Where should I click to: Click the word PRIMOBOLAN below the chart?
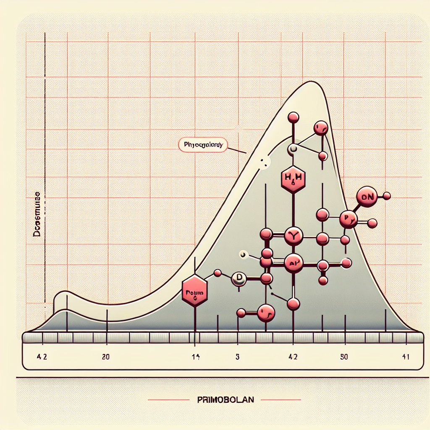tap(225, 399)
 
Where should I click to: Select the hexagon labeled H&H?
tap(293, 178)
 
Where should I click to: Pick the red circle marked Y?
tap(293, 236)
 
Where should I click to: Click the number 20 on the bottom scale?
tap(106, 357)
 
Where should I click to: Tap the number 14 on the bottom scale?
tap(196, 357)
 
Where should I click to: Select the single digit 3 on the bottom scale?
tap(237, 357)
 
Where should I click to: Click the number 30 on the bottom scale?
tap(343, 357)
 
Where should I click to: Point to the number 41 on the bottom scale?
tap(406, 357)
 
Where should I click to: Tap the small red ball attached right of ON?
tap(387, 196)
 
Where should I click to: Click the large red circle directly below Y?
tap(293, 263)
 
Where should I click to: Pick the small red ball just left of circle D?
tap(218, 273)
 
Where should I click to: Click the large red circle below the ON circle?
tap(349, 219)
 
